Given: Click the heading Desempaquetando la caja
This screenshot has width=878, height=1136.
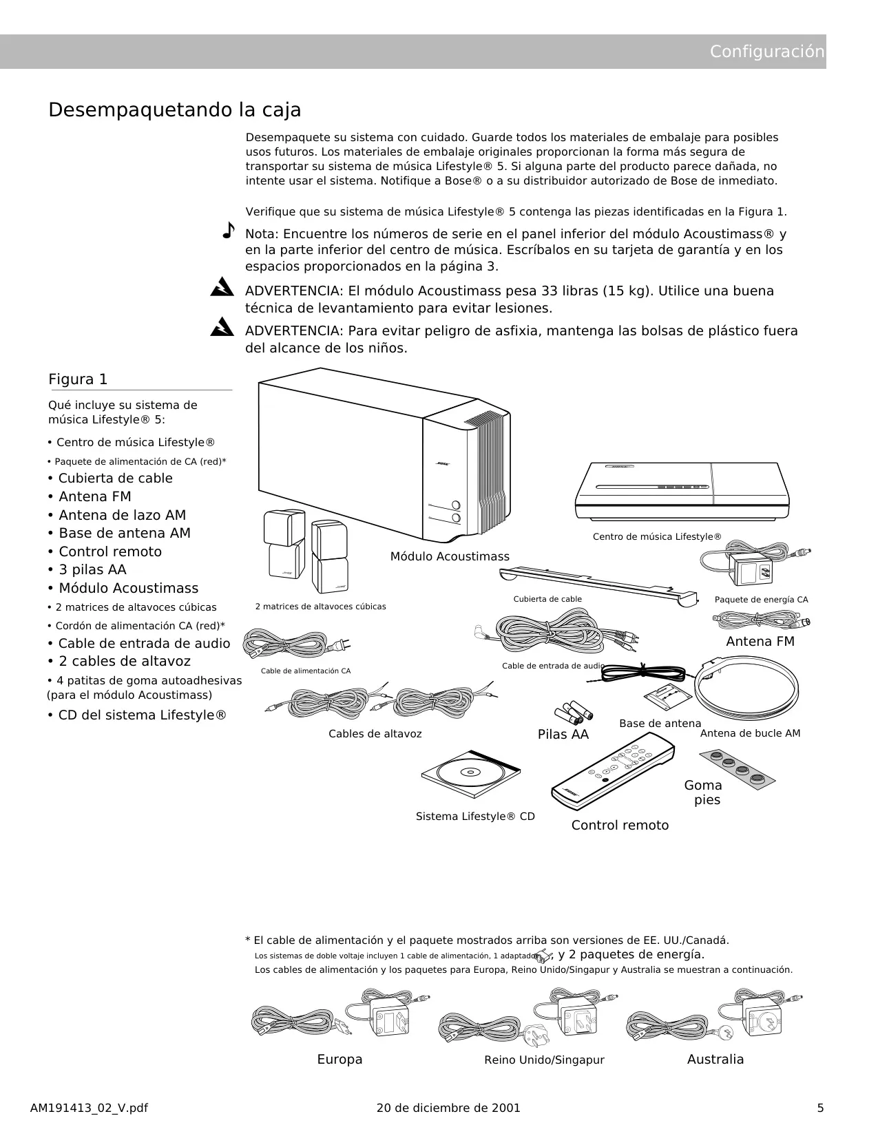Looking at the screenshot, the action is point(175,110).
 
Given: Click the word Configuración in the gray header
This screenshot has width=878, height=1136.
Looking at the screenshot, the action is point(766,52).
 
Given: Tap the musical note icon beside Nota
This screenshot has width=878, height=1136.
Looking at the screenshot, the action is point(229,230).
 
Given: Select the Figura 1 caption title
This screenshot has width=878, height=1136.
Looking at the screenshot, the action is point(78,379).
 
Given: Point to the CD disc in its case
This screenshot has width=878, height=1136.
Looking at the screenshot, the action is point(471,774).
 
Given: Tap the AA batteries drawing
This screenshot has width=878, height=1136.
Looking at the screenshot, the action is point(573,713).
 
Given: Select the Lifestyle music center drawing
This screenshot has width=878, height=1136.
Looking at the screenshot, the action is point(682,492).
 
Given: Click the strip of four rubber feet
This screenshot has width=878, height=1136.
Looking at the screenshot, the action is point(738,770).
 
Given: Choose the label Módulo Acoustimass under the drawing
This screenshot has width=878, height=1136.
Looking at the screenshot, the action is point(450,557).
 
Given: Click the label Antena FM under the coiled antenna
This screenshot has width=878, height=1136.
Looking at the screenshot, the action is point(760,642).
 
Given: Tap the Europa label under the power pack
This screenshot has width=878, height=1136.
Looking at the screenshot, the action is point(340,1059).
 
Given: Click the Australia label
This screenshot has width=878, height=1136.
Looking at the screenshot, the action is point(715,1059).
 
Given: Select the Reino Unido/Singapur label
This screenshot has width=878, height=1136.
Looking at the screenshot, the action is point(545,1060).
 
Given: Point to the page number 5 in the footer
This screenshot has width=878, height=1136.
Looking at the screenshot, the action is point(820,1108).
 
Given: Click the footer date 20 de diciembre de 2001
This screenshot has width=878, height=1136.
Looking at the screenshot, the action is point(449,1108).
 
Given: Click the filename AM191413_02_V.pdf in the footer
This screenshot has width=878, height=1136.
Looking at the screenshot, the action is point(89,1108).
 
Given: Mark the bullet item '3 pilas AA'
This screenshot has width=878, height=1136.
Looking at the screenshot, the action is point(87,570).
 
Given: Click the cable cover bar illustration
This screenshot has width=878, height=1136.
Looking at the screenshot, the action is point(598,585).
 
